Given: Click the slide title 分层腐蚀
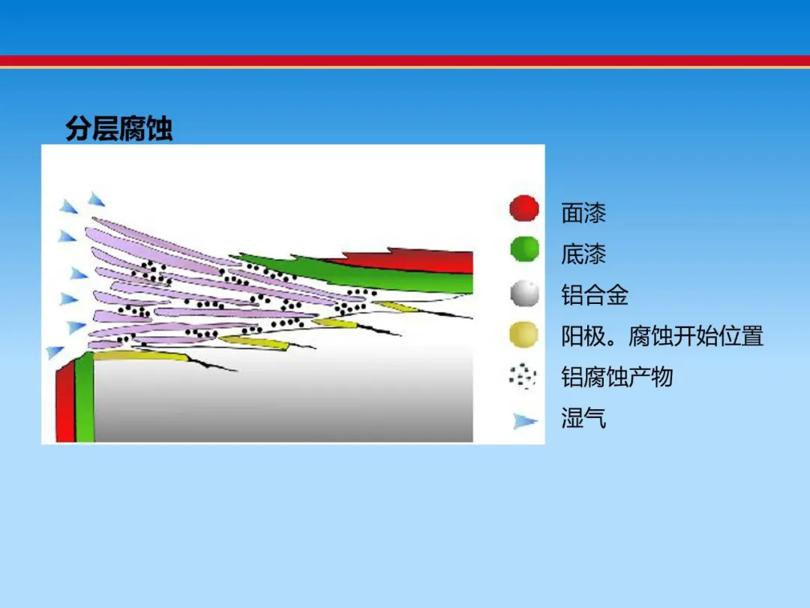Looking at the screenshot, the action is pyautogui.click(x=118, y=128).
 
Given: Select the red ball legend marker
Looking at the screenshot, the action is pyautogui.click(x=523, y=208).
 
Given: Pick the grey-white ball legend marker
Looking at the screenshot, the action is pyautogui.click(x=524, y=293).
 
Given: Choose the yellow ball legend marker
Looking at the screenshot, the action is pyautogui.click(x=523, y=334).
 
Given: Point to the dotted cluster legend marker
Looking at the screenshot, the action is pyautogui.click(x=522, y=376).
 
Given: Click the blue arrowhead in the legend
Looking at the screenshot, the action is pyautogui.click(x=525, y=421).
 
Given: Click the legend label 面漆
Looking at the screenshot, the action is pyautogui.click(x=583, y=212).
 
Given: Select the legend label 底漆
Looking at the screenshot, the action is pyautogui.click(x=583, y=254).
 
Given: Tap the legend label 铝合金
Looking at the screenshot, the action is pyautogui.click(x=595, y=295).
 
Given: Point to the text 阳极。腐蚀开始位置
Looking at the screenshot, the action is pyautogui.click(x=662, y=336).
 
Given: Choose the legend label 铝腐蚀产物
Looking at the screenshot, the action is pyautogui.click(x=617, y=377).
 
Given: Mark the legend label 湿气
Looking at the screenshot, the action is pyautogui.click(x=583, y=418).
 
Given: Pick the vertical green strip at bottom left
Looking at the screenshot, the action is pyautogui.click(x=85, y=397).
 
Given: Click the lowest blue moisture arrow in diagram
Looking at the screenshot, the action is pyautogui.click(x=54, y=352).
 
